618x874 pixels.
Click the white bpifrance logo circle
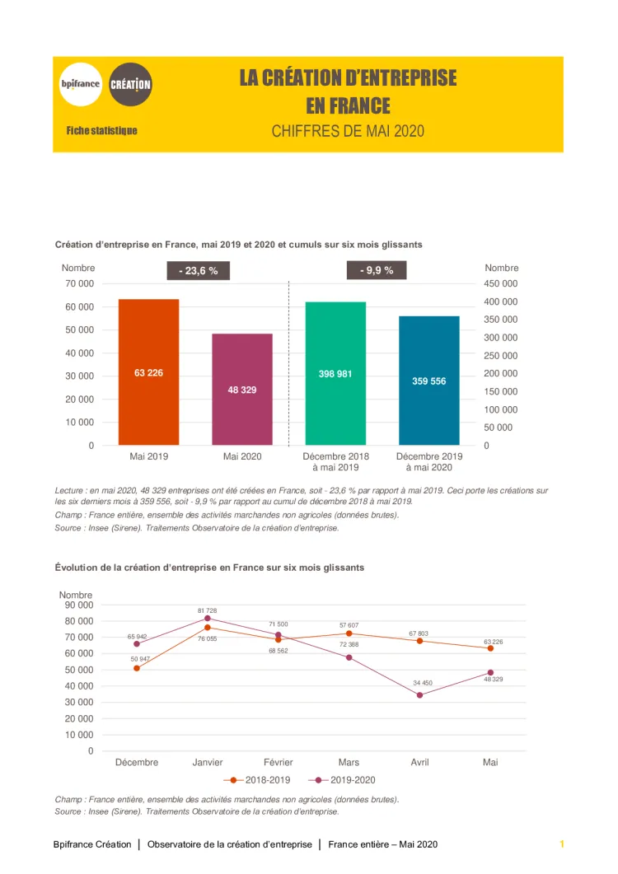81,84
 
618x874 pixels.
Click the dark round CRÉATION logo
130,84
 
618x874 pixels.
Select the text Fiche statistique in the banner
102,131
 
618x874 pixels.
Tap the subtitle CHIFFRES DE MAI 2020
348,131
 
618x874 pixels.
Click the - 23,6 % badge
199,270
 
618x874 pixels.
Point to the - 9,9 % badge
377,270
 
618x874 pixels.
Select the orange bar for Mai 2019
148,372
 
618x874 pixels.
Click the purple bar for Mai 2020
242,390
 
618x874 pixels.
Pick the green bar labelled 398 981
335,373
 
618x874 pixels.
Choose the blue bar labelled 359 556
428,381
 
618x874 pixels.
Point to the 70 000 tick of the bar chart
80,283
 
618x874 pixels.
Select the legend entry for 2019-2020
343,779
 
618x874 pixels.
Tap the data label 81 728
207,610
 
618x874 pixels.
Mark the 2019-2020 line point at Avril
419,695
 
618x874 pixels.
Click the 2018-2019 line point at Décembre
137,668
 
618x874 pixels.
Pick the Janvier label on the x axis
208,763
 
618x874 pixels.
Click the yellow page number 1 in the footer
562,844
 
